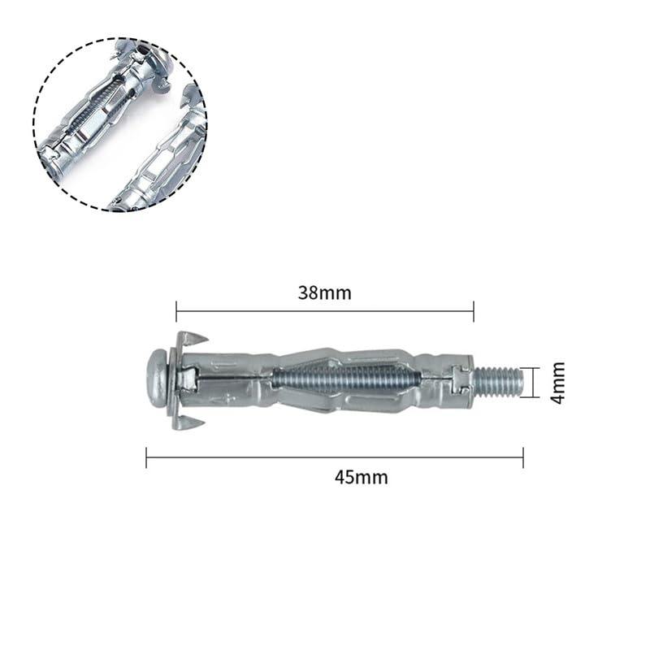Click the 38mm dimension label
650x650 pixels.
324,293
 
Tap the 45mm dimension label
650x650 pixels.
361,478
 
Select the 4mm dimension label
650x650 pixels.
558,382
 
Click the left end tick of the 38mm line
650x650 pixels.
176,311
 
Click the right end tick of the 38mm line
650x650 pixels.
474,311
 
